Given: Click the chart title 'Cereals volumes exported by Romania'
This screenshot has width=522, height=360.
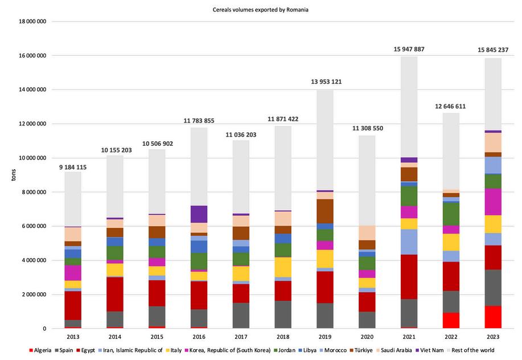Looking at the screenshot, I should click(261, 10).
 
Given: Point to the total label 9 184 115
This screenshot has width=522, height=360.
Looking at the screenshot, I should click(72, 167).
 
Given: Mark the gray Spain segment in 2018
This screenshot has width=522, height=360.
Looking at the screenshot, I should click(283, 314).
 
